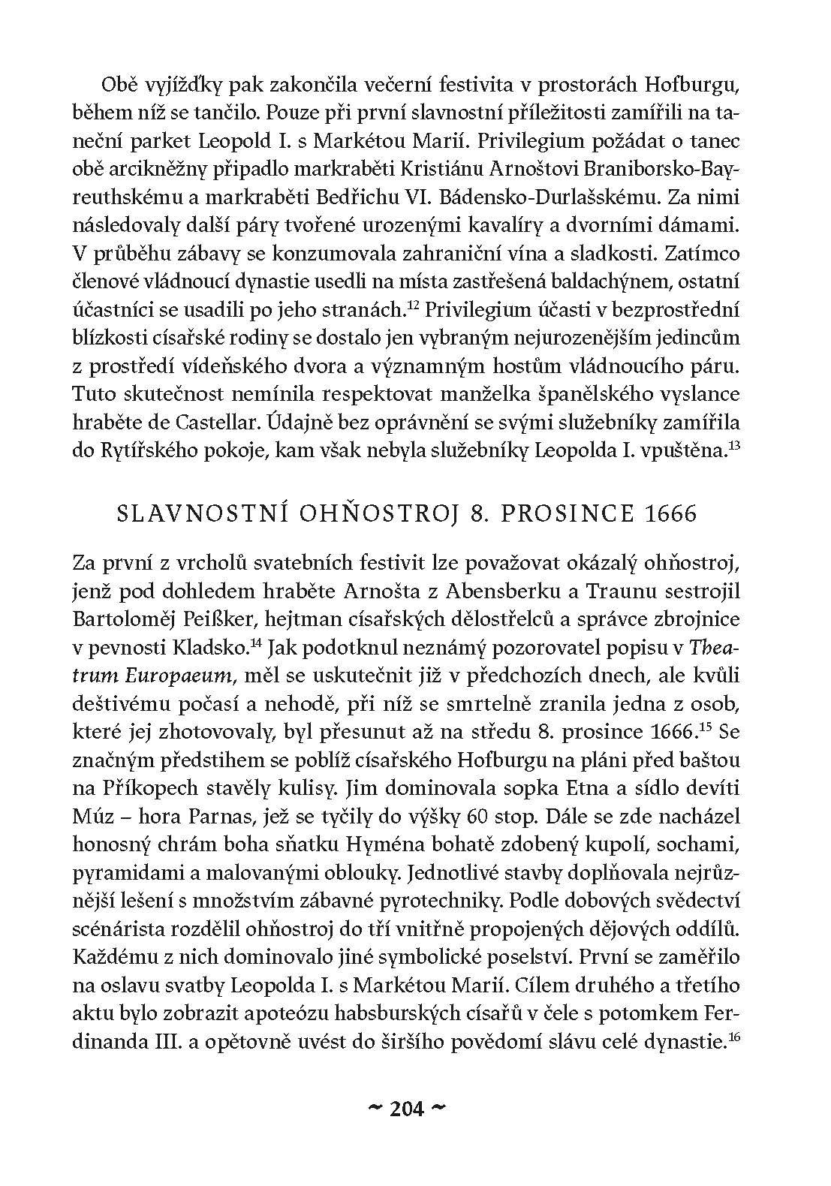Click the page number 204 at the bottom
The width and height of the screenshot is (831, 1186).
pos(408,1108)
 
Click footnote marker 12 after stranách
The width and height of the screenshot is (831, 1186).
pos(412,305)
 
